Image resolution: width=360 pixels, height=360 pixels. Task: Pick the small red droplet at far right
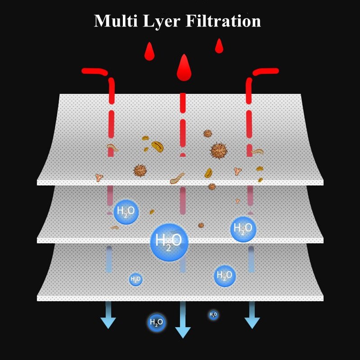point(219,46)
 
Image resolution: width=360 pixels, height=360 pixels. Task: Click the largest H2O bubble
point(169,241)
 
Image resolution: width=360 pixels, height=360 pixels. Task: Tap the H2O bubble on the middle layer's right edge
point(243,229)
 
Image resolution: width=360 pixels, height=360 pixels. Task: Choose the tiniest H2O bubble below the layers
point(213,315)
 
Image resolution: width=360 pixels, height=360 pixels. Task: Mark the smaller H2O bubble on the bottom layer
point(135,279)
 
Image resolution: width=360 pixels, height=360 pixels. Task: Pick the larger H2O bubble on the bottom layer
point(224,275)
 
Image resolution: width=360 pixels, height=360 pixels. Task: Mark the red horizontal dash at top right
point(266,71)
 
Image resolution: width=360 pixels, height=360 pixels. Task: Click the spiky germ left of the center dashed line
point(140,170)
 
